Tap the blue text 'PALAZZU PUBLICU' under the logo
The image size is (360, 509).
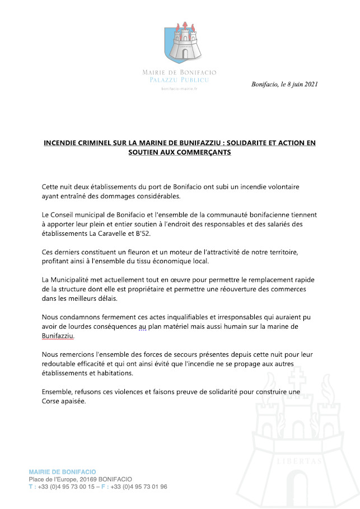180,81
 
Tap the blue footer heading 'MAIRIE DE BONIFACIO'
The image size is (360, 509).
62,472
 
